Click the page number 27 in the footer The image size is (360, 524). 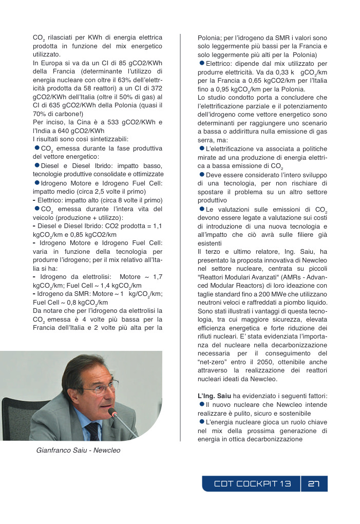314,484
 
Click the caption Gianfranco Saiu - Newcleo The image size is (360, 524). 79,451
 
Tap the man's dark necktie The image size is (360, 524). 92,431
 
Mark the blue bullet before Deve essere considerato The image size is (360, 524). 201,175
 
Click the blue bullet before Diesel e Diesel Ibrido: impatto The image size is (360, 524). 36,165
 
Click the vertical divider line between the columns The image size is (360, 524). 180,236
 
